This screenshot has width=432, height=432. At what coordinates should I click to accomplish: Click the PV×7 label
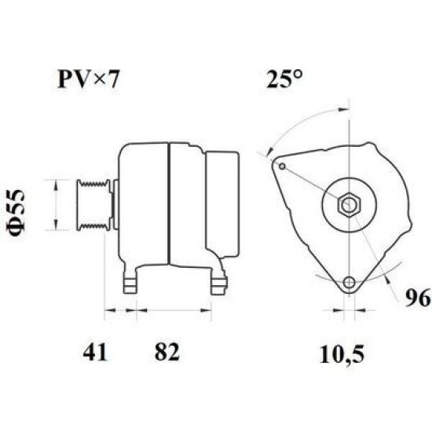tap(88, 79)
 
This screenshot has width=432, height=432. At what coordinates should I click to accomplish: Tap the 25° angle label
tap(284, 79)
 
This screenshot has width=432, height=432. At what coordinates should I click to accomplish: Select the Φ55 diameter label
tap(16, 210)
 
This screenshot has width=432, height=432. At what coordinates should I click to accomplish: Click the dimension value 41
tap(95, 352)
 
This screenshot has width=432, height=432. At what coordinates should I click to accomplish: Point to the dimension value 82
tap(167, 352)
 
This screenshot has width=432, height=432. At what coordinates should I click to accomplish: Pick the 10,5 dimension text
tap(342, 354)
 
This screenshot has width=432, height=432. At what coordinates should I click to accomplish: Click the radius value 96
tap(417, 298)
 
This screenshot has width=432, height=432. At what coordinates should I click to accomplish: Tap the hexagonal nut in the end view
tap(349, 205)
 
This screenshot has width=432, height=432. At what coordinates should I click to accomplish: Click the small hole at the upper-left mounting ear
tap(282, 167)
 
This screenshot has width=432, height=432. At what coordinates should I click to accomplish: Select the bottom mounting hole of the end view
tap(350, 282)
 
